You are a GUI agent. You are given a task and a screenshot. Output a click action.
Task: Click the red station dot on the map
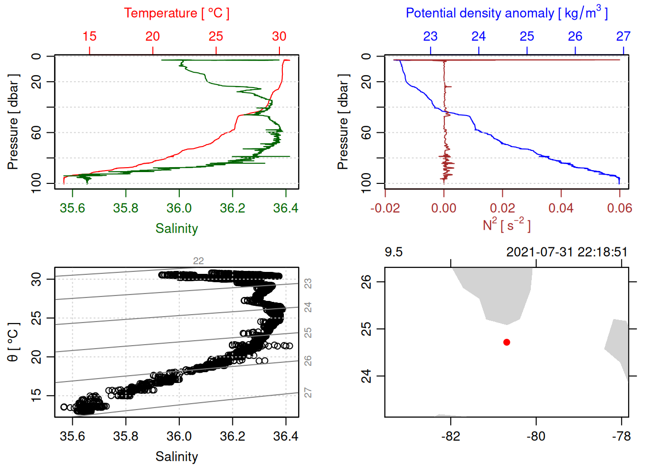(507, 342)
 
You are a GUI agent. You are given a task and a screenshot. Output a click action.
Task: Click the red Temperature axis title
(176, 13)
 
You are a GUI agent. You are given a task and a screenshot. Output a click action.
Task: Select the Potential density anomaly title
(506, 13)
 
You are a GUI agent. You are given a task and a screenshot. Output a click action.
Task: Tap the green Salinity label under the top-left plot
(176, 229)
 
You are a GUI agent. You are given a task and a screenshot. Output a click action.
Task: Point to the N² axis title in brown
(506, 225)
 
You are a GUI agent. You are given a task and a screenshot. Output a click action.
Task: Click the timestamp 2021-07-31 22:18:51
(567, 252)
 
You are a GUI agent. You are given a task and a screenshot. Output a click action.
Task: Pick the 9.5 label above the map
(393, 252)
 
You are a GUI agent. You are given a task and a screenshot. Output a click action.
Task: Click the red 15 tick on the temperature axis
(89, 36)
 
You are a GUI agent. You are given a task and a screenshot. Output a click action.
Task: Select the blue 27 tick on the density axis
(623, 36)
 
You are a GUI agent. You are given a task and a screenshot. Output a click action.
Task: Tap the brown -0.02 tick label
(385, 208)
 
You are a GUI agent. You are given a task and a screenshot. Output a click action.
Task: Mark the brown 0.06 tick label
(620, 208)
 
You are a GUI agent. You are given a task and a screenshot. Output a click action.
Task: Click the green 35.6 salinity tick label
(72, 208)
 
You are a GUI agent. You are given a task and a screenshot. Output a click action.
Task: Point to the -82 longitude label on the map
(450, 437)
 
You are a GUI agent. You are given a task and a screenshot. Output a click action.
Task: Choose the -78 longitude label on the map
(622, 437)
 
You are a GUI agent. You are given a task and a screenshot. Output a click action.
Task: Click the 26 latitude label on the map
(366, 282)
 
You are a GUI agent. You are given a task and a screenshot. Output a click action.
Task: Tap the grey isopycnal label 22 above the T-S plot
(198, 261)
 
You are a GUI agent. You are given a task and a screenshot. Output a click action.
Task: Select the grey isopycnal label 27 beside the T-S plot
(308, 393)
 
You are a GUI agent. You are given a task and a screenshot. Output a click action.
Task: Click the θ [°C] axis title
(13, 342)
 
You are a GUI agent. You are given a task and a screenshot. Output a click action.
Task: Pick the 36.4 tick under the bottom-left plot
(286, 437)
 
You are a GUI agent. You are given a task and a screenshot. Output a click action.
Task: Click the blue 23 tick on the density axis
(431, 36)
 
